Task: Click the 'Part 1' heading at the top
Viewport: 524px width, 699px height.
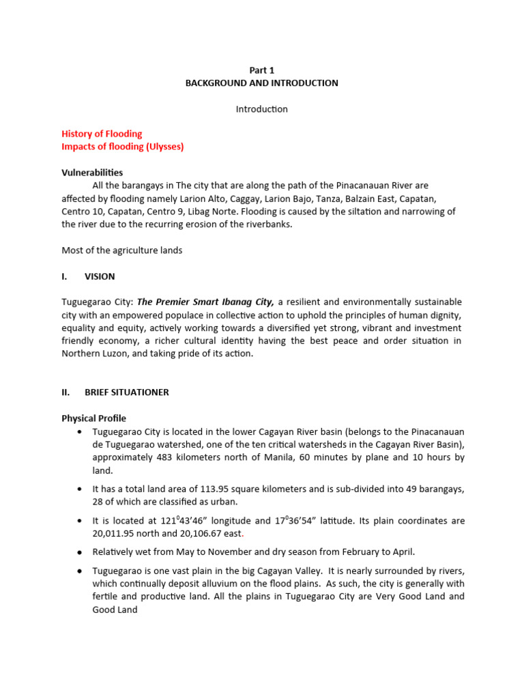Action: [262, 70]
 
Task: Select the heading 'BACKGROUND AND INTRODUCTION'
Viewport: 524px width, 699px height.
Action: [262, 83]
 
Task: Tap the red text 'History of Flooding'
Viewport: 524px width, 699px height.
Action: [102, 134]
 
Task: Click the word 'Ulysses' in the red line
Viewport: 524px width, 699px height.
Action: [166, 147]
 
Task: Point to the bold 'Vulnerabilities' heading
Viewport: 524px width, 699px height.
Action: [92, 173]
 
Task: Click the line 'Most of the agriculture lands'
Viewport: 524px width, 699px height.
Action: [122, 251]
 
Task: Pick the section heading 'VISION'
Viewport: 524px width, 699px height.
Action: [100, 276]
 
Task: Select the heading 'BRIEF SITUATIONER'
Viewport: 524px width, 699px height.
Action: [126, 393]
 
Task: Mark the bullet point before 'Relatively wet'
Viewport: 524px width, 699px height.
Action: [81, 552]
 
